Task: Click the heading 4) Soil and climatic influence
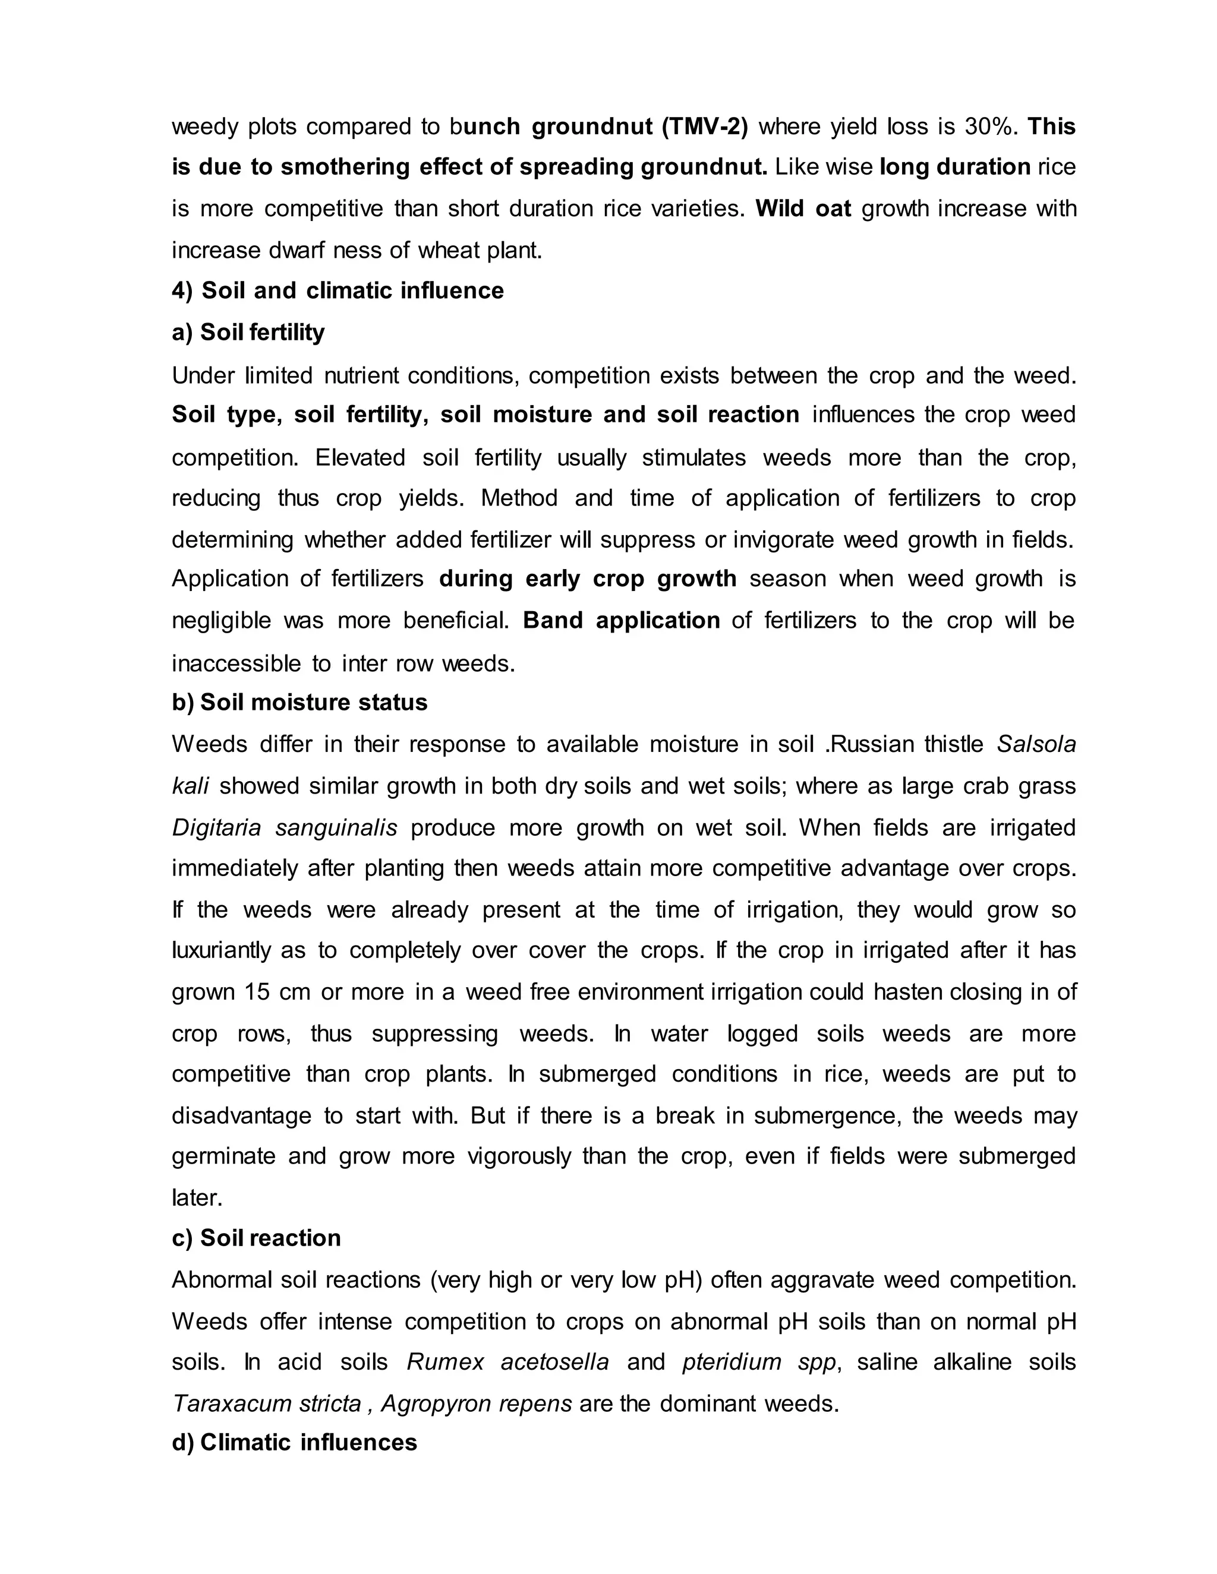(338, 290)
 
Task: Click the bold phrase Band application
(621, 621)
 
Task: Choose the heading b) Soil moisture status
(299, 702)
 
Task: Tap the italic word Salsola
(1036, 744)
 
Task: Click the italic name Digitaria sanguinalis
(284, 827)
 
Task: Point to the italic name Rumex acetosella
(507, 1362)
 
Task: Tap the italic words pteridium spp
(758, 1362)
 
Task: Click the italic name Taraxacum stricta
(266, 1404)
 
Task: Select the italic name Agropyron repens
(476, 1404)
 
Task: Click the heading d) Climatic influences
(294, 1442)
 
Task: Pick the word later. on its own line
(197, 1198)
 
